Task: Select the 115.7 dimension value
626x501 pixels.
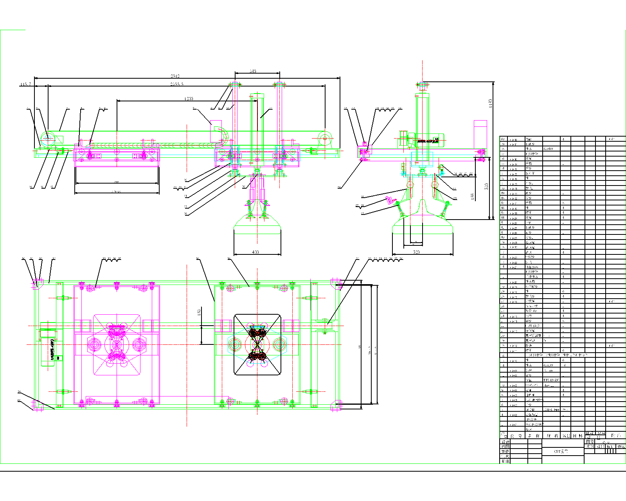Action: pos(25,85)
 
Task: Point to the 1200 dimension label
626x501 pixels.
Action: pos(188,99)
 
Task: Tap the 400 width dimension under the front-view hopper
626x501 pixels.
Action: pos(255,252)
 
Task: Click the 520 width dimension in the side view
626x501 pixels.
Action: pos(416,252)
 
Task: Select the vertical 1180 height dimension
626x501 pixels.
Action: pos(490,104)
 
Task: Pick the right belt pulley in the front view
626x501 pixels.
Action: pos(325,138)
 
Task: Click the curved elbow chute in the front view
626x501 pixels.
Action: pos(222,135)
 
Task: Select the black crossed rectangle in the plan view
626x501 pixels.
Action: pos(257,344)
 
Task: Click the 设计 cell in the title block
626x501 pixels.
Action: pos(505,442)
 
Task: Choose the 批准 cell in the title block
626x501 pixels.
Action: pos(505,461)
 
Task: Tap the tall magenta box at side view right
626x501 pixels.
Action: pos(480,135)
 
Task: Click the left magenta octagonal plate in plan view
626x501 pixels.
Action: pos(117,344)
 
